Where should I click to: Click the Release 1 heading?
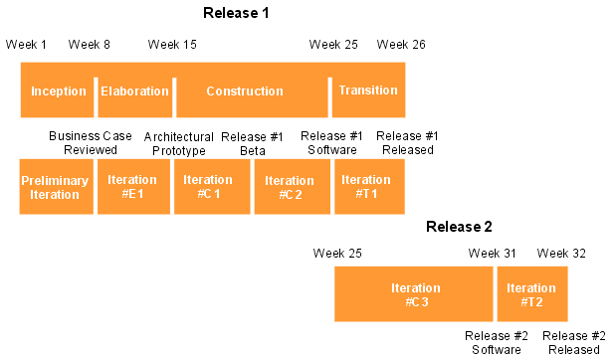coord(236,13)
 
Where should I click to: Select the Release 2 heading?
coord(459,227)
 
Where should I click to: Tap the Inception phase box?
coord(58,90)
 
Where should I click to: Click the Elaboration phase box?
coord(134,90)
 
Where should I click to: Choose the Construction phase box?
coord(252,90)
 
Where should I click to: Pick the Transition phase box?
coord(368,90)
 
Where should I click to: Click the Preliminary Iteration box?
coord(56,187)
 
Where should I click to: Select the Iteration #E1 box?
coord(133,187)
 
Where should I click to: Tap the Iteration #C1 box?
coord(212,187)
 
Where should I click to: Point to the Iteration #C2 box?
coord(293,187)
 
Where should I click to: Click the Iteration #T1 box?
coord(369,187)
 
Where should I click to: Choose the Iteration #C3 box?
coord(414,294)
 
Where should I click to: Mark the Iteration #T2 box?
coord(532,294)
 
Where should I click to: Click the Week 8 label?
coord(90,45)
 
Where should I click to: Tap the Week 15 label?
coord(172,45)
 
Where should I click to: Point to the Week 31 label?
coord(492,254)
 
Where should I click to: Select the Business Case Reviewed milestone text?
coord(91,143)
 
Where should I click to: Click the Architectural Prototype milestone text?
coord(179,143)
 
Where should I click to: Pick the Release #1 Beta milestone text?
coord(252,143)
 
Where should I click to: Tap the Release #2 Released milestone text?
coord(574,343)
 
